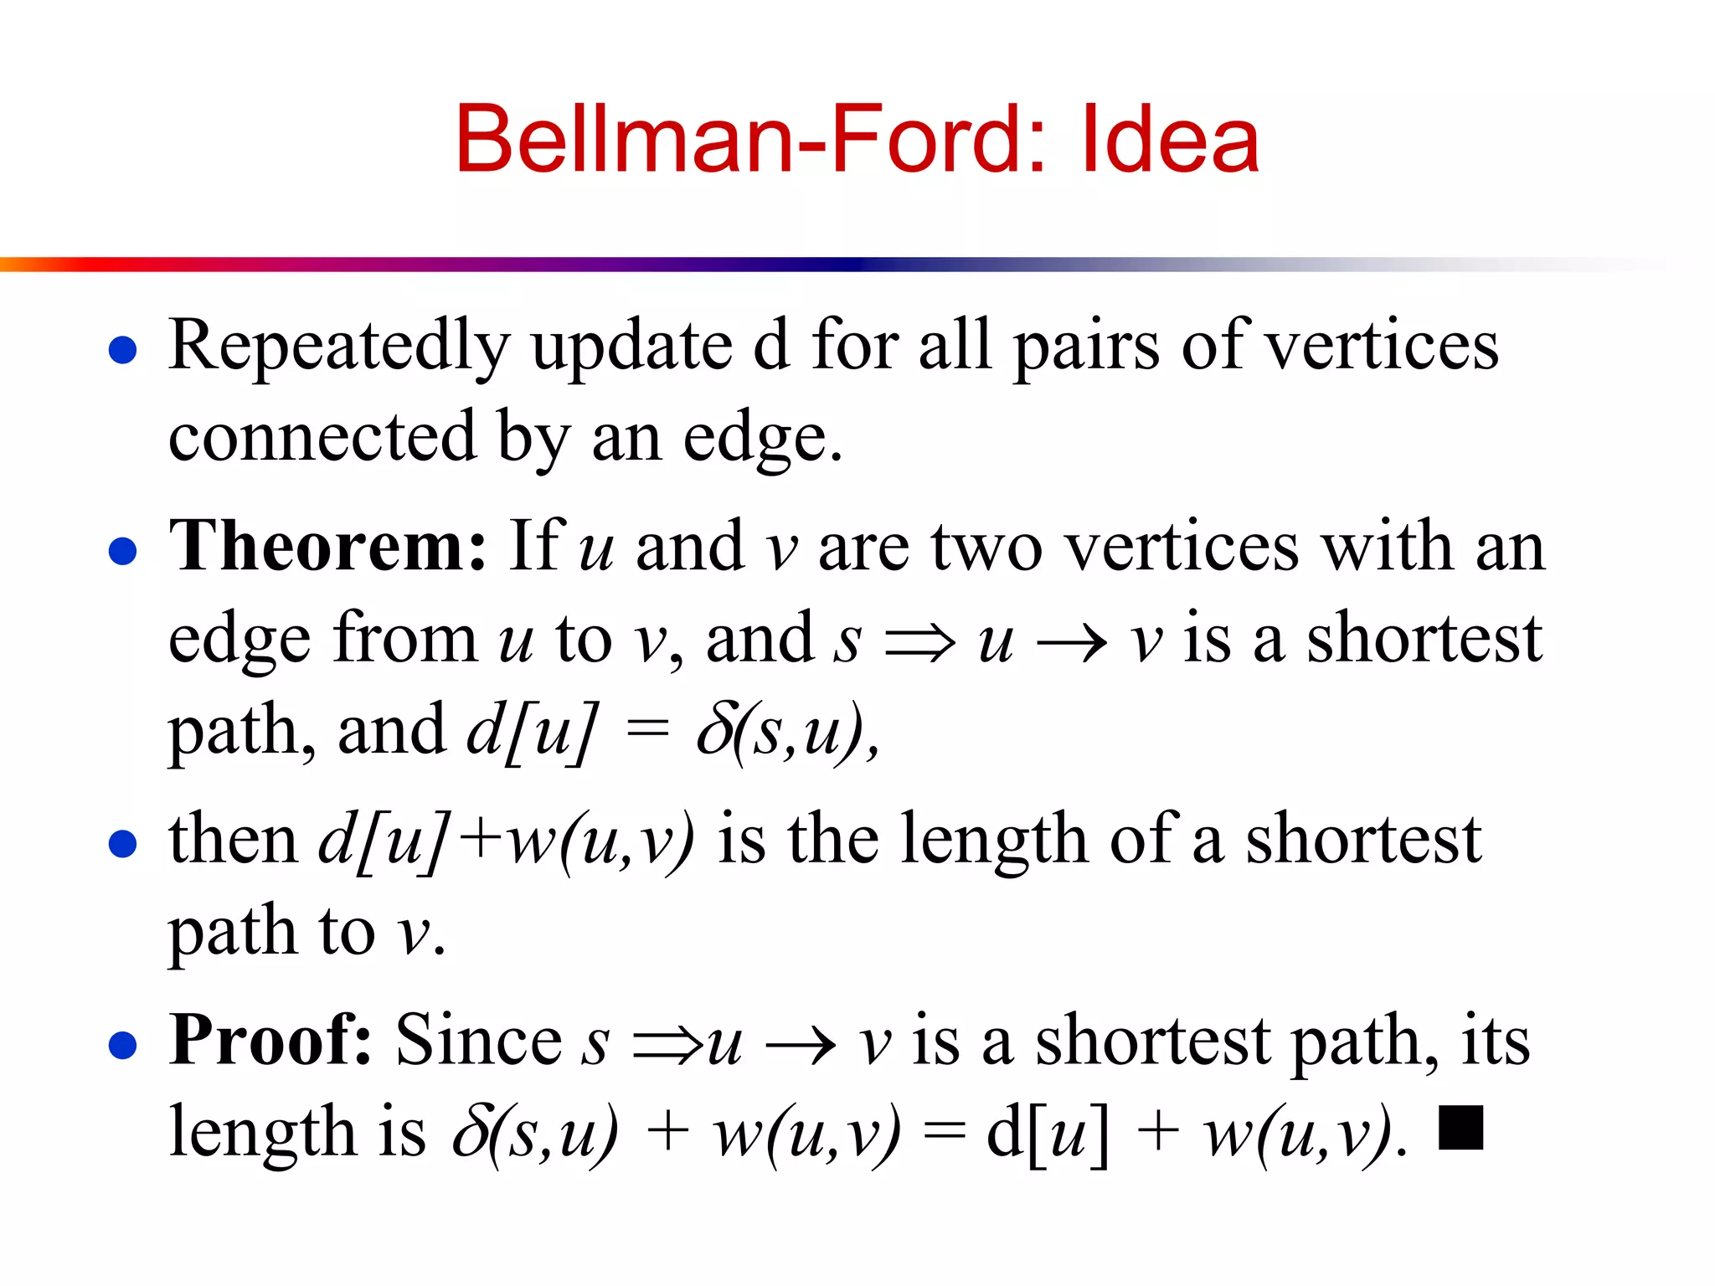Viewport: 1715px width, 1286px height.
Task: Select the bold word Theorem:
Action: click(327, 546)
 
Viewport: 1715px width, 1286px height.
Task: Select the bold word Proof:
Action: click(270, 1040)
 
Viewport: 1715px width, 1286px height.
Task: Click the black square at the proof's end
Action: click(1460, 1128)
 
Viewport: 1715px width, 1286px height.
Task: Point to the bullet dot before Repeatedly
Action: click(122, 350)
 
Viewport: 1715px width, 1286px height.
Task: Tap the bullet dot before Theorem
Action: click(122, 551)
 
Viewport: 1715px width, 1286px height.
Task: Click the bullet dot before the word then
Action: click(122, 844)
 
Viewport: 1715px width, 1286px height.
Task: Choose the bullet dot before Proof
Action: click(122, 1045)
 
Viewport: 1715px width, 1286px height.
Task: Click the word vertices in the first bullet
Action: click(1382, 346)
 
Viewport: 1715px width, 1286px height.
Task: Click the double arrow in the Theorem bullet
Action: click(919, 643)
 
